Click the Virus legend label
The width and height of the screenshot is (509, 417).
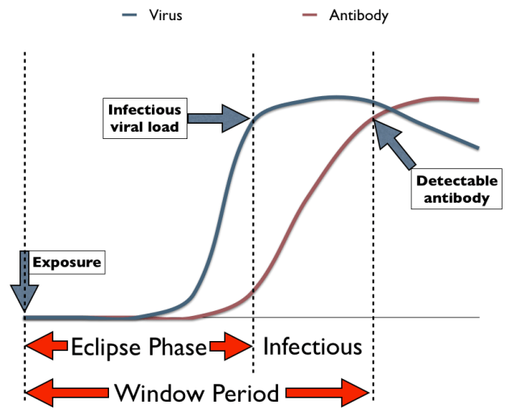pos(166,15)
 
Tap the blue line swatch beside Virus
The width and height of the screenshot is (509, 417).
pos(131,15)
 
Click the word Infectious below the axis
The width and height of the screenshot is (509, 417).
pos(313,347)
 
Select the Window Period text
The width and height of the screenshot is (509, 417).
pos(196,394)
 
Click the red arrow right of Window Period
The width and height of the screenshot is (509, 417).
pos(326,394)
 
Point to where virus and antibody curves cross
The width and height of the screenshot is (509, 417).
pos(389,109)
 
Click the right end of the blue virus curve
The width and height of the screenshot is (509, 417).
pos(478,148)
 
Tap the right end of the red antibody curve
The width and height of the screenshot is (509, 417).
pos(478,100)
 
